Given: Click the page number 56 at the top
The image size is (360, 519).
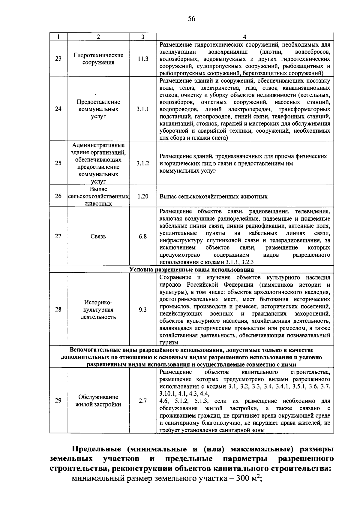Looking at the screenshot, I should click(191, 19).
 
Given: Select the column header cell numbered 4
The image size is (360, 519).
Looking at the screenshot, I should click(244, 37).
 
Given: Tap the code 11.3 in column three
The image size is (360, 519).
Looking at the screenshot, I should click(143, 59).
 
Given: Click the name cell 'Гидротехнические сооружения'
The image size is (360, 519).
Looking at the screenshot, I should click(98, 59).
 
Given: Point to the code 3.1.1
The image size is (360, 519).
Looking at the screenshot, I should click(143, 109).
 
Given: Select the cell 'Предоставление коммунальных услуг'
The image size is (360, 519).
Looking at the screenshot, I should click(98, 109).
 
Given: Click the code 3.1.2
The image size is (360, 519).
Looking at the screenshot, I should click(143, 164).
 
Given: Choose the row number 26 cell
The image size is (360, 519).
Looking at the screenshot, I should click(58, 196).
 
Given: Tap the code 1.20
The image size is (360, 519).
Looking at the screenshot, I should click(143, 196).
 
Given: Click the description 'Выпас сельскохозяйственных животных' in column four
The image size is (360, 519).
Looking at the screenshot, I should click(213, 197).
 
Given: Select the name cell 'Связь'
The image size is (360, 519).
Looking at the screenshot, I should click(98, 237).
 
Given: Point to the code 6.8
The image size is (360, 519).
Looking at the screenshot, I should click(143, 237).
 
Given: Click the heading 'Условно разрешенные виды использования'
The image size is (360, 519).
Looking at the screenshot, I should click(191, 269).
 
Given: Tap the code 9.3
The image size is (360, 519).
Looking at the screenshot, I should click(143, 310).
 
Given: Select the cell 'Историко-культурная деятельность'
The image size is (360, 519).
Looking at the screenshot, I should click(98, 310).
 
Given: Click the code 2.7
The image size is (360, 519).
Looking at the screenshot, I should click(143, 401).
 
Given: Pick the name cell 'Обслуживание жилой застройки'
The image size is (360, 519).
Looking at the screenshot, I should click(98, 401).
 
